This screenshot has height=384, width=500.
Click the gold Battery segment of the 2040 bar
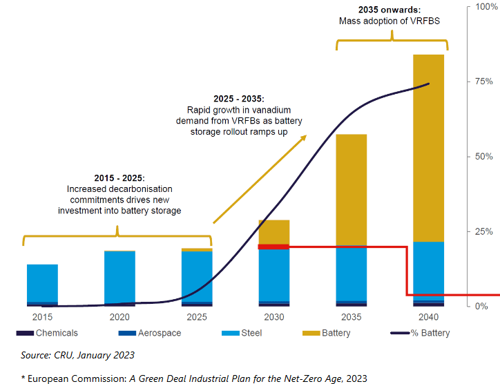[x=429, y=148]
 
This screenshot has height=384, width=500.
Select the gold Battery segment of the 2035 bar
[x=352, y=189]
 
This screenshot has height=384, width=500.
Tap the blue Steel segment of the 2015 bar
[x=42, y=282]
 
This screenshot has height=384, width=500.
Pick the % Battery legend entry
[x=429, y=333]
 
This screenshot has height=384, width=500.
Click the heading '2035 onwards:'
[x=390, y=10]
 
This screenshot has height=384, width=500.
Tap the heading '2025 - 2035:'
[x=235, y=99]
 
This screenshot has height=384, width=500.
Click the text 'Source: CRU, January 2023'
[x=77, y=355]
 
